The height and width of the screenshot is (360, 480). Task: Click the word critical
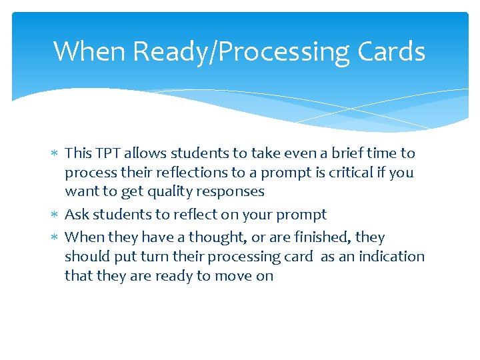pyautogui.click(x=359, y=173)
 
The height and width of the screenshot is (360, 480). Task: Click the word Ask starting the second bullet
pyautogui.click(x=77, y=215)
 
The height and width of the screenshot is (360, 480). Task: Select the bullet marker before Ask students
pyautogui.click(x=55, y=215)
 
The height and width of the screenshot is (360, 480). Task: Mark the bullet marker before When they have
pyautogui.click(x=55, y=238)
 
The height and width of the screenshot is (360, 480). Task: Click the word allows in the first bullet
pyautogui.click(x=147, y=153)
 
